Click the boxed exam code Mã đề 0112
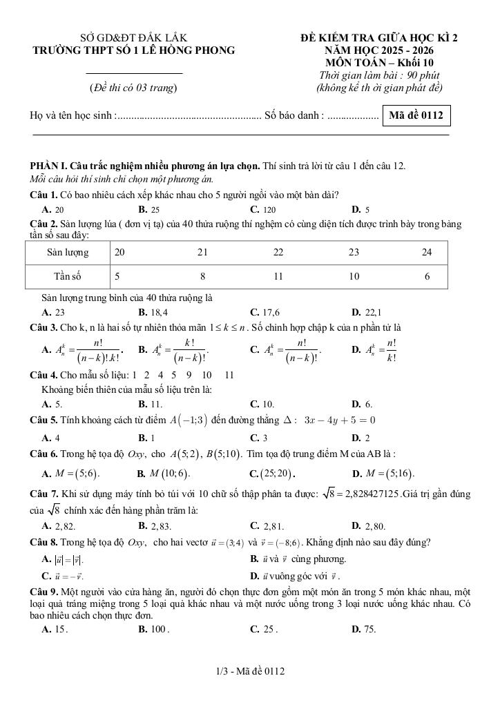pyautogui.click(x=416, y=115)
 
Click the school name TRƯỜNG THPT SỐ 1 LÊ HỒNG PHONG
pyautogui.click(x=134, y=50)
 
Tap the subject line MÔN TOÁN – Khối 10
pyautogui.click(x=378, y=62)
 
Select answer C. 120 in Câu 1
pyautogui.click(x=263, y=209)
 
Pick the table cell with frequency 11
pyautogui.click(x=278, y=276)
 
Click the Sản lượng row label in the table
pyautogui.click(x=67, y=253)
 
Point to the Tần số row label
pyautogui.click(x=68, y=276)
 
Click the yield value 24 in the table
pyautogui.click(x=427, y=253)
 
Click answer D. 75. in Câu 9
pyautogui.click(x=363, y=628)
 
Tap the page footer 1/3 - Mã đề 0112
pyautogui.click(x=250, y=670)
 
